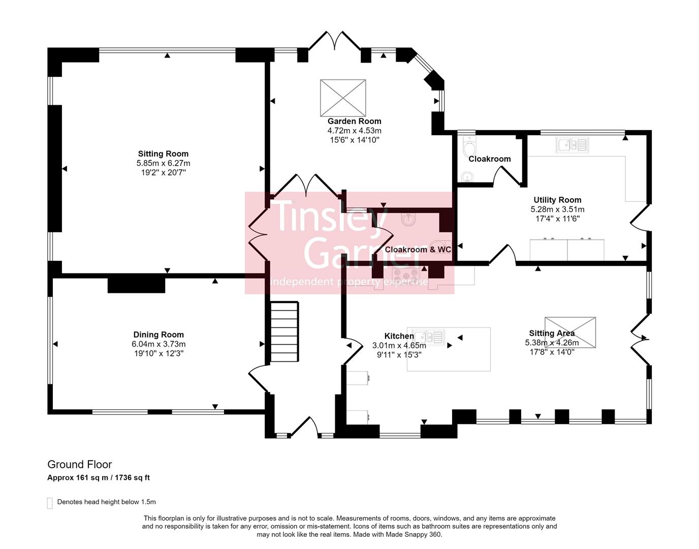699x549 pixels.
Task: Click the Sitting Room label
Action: (x=163, y=154)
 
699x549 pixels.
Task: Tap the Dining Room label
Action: (x=158, y=334)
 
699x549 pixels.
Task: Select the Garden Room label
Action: (x=354, y=121)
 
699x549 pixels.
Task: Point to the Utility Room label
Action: (x=557, y=200)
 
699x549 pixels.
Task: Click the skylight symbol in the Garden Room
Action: (x=343, y=98)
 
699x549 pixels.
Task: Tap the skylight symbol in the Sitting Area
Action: (x=570, y=332)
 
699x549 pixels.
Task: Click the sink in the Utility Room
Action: (x=572, y=145)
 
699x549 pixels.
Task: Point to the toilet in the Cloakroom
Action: (x=470, y=147)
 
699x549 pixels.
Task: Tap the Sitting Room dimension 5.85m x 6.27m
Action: (x=163, y=163)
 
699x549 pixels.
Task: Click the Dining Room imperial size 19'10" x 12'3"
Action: (x=158, y=353)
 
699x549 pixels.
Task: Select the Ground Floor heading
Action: (x=80, y=464)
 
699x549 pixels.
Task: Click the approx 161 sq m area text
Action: (x=98, y=478)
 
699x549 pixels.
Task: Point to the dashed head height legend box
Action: (x=50, y=503)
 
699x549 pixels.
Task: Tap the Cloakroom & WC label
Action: (x=418, y=250)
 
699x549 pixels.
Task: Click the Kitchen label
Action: (x=399, y=336)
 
